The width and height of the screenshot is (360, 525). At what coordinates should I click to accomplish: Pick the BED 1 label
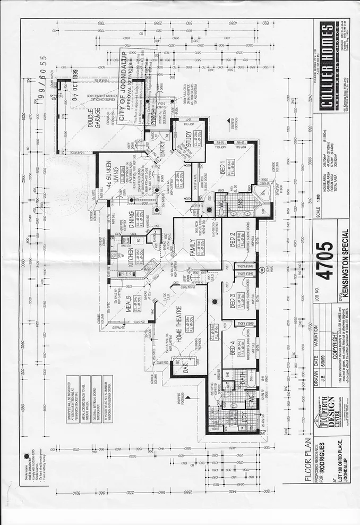tap(223, 169)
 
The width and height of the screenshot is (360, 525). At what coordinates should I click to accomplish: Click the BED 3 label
tap(232, 302)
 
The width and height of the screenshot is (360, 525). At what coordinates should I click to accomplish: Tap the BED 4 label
tap(232, 351)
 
